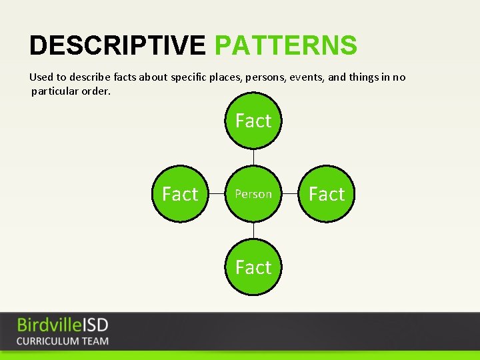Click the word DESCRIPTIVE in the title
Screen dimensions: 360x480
(x=117, y=46)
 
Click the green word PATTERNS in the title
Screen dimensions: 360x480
(x=285, y=46)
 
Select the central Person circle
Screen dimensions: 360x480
(x=253, y=194)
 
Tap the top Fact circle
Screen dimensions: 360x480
(x=253, y=121)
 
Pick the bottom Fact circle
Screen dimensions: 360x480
(x=253, y=267)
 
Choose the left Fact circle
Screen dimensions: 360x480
(x=180, y=194)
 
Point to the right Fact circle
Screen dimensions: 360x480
(x=327, y=194)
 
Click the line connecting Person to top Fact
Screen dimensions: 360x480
(x=253, y=157)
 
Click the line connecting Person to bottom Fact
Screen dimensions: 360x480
(x=253, y=231)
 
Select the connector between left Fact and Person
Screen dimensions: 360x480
(x=217, y=194)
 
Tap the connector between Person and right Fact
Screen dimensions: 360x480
(x=290, y=194)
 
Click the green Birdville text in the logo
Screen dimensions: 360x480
(x=49, y=325)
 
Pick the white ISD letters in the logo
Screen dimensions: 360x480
(x=95, y=325)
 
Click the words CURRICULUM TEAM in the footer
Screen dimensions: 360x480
(x=62, y=341)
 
